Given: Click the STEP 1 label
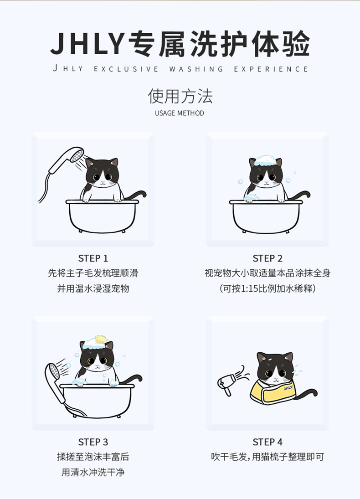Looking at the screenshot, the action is pyautogui.click(x=93, y=258).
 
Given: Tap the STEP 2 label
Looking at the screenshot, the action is pyautogui.click(x=267, y=258).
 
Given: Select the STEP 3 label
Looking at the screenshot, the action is pyautogui.click(x=93, y=442).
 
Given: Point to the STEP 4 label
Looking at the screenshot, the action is pyautogui.click(x=267, y=442).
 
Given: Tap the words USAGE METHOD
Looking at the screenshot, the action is pyautogui.click(x=180, y=113).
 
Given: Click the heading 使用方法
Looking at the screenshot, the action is pyautogui.click(x=180, y=96).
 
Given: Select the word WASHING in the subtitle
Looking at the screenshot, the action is pyautogui.click(x=196, y=69).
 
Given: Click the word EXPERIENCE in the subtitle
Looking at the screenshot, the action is pyautogui.click(x=271, y=69).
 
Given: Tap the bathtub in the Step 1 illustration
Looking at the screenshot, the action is pyautogui.click(x=102, y=216).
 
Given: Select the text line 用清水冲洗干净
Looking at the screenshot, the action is pyautogui.click(x=93, y=472).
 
